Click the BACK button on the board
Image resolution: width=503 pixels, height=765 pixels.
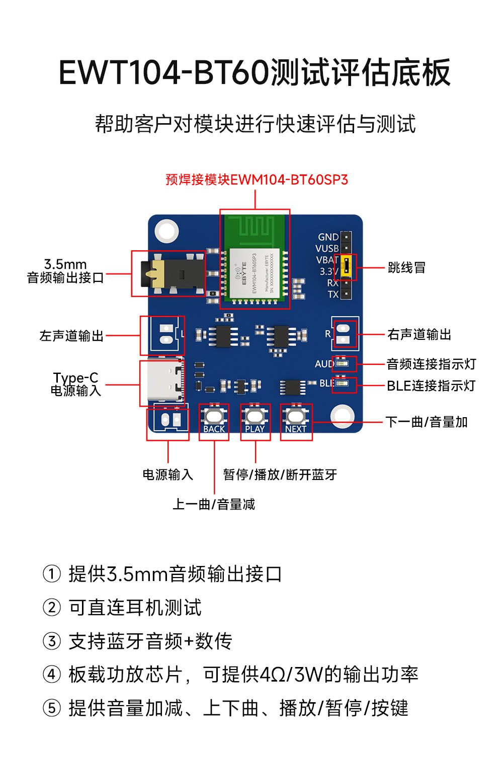point(214,417)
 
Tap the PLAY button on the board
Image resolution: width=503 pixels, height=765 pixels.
point(255,417)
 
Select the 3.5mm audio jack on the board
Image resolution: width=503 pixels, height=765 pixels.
point(171,274)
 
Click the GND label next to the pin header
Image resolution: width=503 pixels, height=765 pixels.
point(328,237)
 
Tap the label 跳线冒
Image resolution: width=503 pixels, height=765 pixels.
point(406,267)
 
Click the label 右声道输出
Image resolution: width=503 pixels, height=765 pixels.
point(419,335)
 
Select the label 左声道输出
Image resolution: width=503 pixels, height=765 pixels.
point(71,336)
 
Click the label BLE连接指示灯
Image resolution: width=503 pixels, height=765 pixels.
point(431,386)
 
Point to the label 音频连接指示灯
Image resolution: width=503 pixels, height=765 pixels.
point(431,364)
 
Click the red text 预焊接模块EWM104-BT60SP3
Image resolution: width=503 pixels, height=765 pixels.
point(257,180)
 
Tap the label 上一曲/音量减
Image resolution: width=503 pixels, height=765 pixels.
point(214,504)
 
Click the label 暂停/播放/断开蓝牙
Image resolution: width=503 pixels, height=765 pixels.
point(280,474)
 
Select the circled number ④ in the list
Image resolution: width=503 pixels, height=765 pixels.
point(52,675)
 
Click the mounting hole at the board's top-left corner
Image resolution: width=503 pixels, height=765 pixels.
point(166,231)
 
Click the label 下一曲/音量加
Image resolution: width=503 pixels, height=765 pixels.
point(427,422)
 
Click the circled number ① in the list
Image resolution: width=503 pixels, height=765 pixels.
point(52,573)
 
